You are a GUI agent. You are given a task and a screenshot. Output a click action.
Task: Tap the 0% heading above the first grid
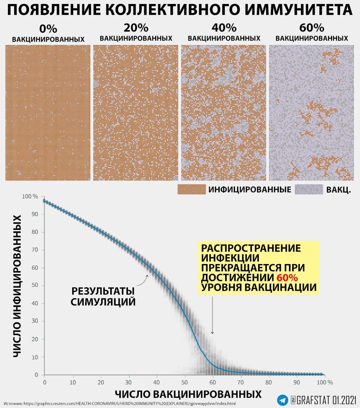(48, 29)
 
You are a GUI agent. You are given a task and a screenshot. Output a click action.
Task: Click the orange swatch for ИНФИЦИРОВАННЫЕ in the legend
(191, 189)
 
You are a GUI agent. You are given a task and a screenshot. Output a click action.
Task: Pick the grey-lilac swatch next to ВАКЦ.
(309, 189)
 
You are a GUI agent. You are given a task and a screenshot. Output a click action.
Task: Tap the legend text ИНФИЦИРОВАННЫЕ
(250, 190)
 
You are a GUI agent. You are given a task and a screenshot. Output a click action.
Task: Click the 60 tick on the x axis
(213, 382)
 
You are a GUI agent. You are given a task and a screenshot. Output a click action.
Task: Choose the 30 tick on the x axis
(128, 382)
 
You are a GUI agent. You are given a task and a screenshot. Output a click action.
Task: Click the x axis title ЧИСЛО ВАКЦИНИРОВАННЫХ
(188, 394)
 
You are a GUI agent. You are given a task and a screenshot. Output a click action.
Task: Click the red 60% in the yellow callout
(287, 278)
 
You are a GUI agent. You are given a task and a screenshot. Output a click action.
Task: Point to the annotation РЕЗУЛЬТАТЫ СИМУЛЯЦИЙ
(103, 296)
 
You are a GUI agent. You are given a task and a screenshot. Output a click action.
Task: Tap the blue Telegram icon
(283, 400)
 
